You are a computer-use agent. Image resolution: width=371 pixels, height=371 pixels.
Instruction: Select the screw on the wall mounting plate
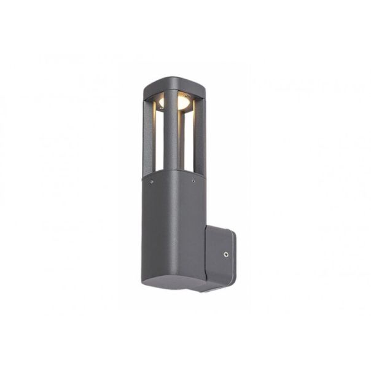click(x=226, y=252)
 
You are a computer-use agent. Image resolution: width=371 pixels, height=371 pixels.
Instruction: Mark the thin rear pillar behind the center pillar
click(x=179, y=141)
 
